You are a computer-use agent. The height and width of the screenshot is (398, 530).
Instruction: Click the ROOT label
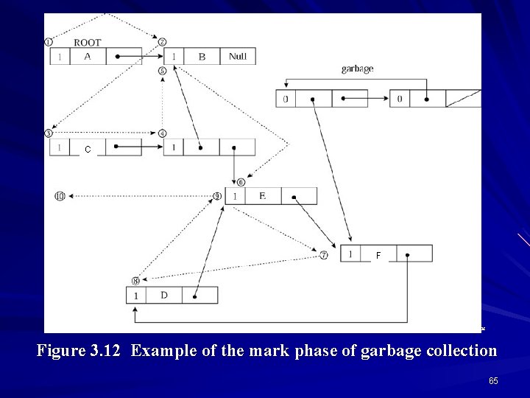tap(87, 43)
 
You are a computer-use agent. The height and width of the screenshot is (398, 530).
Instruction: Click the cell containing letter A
tap(88, 57)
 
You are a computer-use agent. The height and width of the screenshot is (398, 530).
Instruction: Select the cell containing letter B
tap(202, 57)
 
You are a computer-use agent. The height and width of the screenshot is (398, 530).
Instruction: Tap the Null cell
tap(237, 57)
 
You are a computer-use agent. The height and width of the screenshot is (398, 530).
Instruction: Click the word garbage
tap(357, 69)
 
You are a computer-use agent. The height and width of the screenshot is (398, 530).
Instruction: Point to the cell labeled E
tap(262, 196)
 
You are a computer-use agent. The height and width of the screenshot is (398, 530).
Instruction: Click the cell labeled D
tap(163, 296)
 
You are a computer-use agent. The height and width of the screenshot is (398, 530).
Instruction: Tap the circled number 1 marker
tap(49, 41)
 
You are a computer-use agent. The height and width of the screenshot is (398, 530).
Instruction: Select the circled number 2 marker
tap(162, 42)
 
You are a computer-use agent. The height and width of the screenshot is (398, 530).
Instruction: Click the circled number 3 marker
tap(49, 133)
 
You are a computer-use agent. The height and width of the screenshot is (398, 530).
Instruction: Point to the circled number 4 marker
tap(162, 133)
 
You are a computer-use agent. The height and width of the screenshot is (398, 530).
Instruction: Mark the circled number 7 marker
tap(324, 256)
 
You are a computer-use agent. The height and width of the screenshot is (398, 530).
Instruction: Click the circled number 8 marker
tap(135, 281)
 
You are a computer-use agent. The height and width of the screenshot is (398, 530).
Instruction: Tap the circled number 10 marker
tap(60, 196)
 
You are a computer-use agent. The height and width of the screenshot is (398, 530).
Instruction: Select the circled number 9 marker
tap(217, 196)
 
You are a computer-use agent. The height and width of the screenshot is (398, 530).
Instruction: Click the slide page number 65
tap(492, 380)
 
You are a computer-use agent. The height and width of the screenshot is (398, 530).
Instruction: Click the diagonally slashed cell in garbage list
tap(464, 99)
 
